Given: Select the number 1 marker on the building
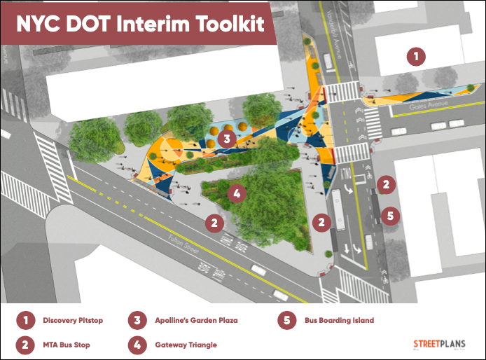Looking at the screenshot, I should (417, 56).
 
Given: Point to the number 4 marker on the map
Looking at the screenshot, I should (237, 193).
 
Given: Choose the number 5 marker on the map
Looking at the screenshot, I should (390, 215).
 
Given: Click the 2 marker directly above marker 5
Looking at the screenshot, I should (385, 184).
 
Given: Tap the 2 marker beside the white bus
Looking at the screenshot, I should (321, 223).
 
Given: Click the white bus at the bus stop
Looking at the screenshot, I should (339, 209).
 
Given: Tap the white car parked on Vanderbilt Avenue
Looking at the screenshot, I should (328, 61).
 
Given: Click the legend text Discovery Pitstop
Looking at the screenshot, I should (73, 320).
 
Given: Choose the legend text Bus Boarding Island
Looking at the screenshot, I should (339, 320).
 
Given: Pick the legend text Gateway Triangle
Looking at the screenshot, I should (186, 345).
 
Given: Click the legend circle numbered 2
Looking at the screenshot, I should (25, 345).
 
